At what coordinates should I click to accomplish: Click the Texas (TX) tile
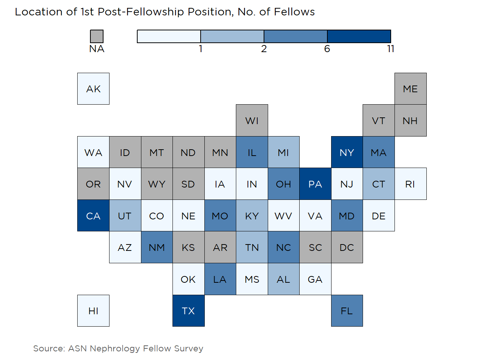[x=188, y=310]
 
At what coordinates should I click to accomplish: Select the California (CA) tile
[x=93, y=216]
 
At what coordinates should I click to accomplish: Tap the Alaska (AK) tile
[x=93, y=89]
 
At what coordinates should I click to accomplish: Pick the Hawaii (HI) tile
[x=93, y=310]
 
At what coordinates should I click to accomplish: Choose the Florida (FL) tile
[x=347, y=310]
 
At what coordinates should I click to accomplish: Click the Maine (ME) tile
[x=410, y=89]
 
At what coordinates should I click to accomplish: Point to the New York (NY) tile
[x=347, y=152]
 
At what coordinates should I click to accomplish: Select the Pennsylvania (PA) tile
[x=315, y=184]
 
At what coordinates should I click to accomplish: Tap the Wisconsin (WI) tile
[x=252, y=120]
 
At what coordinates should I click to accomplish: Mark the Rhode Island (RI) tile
[x=410, y=184]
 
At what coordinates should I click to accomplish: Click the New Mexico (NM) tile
[x=157, y=247]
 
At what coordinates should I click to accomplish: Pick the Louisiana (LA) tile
[x=220, y=279]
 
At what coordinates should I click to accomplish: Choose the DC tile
[x=347, y=247]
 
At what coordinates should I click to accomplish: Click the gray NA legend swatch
[x=97, y=36]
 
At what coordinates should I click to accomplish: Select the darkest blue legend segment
[x=359, y=36]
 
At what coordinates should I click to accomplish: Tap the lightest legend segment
[x=169, y=36]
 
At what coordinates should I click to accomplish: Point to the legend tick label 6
[x=327, y=49]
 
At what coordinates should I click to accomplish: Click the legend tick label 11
[x=391, y=49]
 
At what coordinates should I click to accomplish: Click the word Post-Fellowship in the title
[x=141, y=12]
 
